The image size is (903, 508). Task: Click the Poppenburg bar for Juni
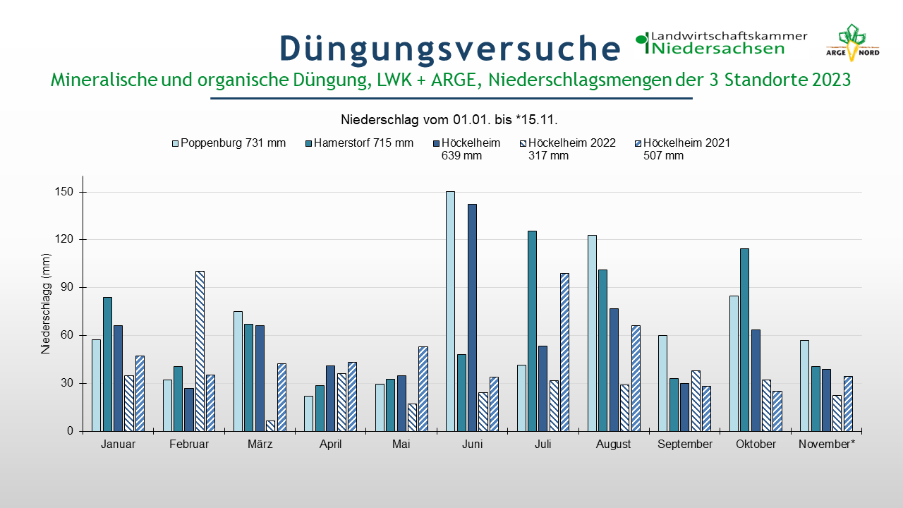(x=450, y=311)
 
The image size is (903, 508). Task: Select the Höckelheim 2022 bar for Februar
(x=200, y=351)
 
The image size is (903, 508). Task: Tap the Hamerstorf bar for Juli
(x=532, y=331)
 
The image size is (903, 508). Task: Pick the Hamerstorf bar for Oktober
(x=744, y=340)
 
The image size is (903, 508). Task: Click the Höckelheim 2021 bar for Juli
(x=565, y=352)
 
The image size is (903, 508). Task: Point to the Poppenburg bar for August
(x=592, y=334)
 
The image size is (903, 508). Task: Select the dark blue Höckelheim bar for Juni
(x=472, y=317)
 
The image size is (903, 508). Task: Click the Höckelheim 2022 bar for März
(x=270, y=426)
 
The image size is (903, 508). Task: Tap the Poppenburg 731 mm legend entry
(x=229, y=143)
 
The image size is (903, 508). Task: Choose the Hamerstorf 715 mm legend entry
(x=360, y=143)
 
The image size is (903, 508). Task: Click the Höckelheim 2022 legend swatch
(x=523, y=143)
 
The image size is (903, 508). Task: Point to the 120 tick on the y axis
(x=80, y=239)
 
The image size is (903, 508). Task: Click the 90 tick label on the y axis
(x=67, y=287)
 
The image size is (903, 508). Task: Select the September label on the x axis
(x=685, y=445)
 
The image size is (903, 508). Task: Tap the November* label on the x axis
(x=827, y=445)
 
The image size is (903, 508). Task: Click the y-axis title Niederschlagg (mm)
(x=46, y=304)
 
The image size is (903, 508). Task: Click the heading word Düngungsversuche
(x=450, y=49)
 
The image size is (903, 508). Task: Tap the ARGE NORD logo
(x=852, y=43)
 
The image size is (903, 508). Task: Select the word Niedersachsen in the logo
(x=718, y=49)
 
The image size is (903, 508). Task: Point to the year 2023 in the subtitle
(x=831, y=80)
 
